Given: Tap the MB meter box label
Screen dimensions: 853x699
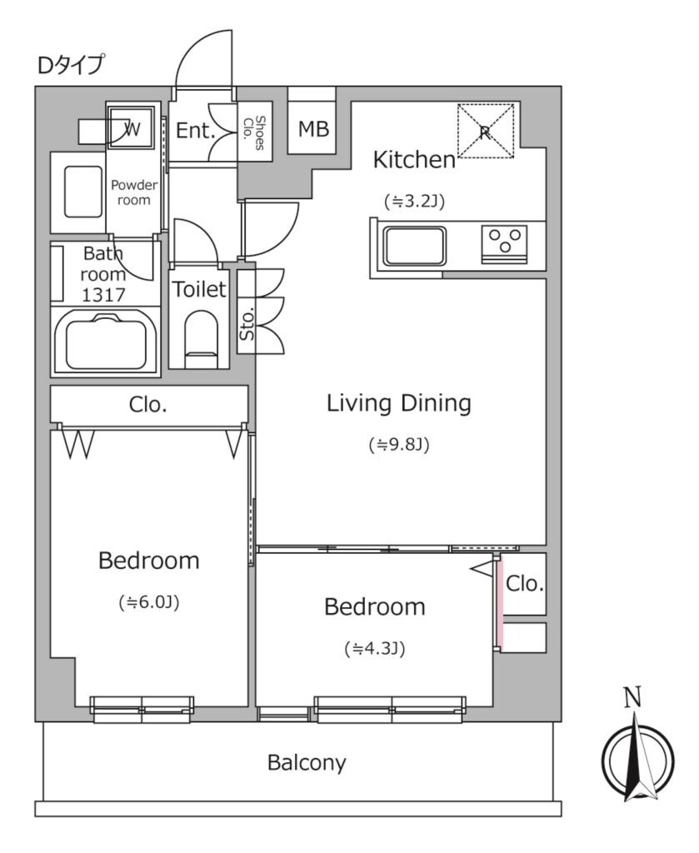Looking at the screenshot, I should [313, 129].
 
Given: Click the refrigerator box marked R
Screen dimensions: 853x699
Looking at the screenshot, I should [486, 130].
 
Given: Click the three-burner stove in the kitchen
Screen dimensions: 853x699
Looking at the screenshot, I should [504, 243].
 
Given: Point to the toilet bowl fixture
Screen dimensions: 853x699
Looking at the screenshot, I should [199, 336].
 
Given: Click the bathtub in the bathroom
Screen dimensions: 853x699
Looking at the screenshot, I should [106, 342].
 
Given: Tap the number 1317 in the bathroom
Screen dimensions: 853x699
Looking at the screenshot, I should [103, 294].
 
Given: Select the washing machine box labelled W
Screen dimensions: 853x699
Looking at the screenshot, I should [132, 128].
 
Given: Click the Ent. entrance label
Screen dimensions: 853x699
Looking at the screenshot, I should [196, 131].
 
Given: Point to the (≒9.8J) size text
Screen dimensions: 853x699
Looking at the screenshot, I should [398, 445].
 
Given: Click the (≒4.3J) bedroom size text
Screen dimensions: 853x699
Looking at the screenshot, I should [374, 648].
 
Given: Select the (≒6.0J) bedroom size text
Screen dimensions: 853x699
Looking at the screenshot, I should [149, 602].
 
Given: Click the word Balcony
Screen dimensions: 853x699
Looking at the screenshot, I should [307, 762].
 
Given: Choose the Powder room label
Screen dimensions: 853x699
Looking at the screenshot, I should [131, 192].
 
